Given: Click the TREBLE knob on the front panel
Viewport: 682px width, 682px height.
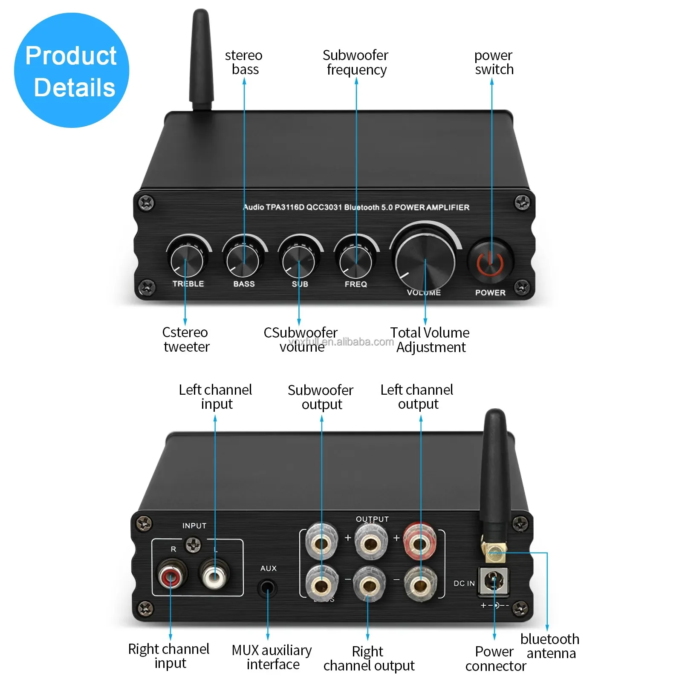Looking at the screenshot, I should click(x=187, y=261).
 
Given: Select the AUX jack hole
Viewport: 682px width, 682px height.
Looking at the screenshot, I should click(x=268, y=589).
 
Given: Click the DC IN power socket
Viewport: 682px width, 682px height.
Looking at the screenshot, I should click(x=494, y=581).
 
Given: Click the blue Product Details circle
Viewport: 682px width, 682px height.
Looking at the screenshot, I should click(x=72, y=70).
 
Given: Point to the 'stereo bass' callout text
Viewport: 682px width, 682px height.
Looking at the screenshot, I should click(x=244, y=62).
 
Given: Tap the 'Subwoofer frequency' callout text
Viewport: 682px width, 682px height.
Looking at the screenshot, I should click(x=355, y=62).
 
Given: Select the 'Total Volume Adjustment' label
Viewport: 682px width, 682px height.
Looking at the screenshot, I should click(x=430, y=340).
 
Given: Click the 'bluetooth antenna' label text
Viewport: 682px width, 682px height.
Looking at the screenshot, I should click(x=550, y=646).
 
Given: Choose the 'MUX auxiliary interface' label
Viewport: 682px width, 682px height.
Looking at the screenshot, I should click(x=272, y=657).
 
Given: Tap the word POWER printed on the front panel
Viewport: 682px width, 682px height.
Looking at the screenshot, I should click(x=490, y=293).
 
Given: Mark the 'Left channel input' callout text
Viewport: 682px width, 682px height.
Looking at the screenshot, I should click(x=215, y=397).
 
